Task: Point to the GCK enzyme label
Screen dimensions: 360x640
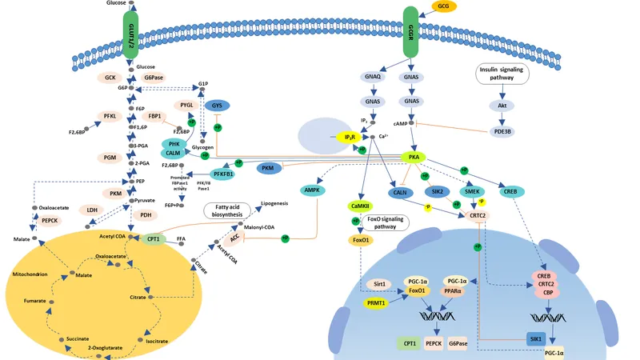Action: pyautogui.click(x=111, y=78)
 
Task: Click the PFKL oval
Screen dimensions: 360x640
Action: pyautogui.click(x=110, y=117)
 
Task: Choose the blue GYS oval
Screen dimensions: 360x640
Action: pyautogui.click(x=216, y=106)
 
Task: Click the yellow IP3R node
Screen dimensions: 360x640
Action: pyautogui.click(x=350, y=138)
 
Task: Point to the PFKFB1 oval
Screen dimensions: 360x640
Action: pyautogui.click(x=222, y=174)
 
